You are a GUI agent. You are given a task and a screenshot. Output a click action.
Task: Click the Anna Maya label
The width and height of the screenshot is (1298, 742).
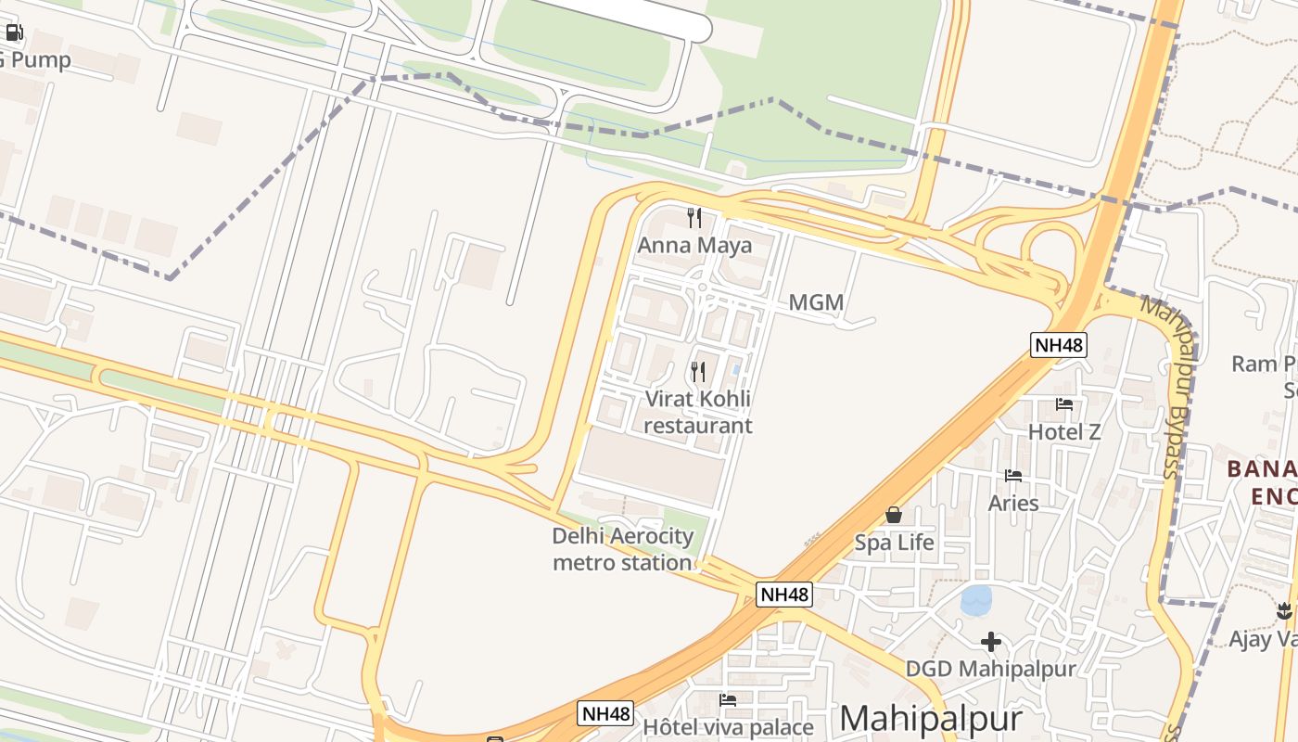(x=694, y=246)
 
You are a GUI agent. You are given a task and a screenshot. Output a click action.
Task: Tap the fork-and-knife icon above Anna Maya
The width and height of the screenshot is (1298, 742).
(x=694, y=217)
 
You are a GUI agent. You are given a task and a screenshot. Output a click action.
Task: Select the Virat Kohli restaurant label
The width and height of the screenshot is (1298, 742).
(x=697, y=412)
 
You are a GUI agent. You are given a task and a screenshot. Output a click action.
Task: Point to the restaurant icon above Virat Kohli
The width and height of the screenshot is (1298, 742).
(x=698, y=372)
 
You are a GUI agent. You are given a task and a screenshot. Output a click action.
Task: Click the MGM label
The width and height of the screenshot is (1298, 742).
(x=816, y=302)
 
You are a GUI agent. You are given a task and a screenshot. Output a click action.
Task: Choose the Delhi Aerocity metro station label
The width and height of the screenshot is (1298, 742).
(x=622, y=549)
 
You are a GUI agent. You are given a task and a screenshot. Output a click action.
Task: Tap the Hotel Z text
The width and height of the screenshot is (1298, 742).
(x=1064, y=431)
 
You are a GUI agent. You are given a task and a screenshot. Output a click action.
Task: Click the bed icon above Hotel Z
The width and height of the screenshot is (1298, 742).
(x=1064, y=403)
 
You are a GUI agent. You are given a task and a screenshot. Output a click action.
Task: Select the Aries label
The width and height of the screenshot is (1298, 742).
(x=1013, y=503)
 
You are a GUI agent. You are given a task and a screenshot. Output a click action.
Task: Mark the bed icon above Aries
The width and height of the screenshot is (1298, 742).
(x=1013, y=476)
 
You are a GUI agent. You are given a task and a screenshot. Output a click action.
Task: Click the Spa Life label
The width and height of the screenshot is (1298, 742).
(x=894, y=543)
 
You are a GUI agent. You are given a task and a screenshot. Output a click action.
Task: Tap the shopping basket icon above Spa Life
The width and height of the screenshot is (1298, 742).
(x=894, y=514)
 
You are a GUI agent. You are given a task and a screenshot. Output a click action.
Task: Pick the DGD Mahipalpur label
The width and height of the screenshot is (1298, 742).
(x=990, y=669)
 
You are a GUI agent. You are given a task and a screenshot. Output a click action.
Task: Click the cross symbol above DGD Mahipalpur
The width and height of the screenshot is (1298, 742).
(x=990, y=641)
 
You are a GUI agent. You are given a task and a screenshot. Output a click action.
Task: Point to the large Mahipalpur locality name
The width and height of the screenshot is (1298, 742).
(x=931, y=719)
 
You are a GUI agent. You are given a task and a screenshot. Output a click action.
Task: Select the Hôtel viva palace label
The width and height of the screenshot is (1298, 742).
(x=728, y=727)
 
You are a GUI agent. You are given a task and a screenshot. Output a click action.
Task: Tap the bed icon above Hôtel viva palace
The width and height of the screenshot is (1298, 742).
(x=728, y=699)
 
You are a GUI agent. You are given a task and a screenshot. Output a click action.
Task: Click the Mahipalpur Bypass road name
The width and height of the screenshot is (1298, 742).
(x=1176, y=388)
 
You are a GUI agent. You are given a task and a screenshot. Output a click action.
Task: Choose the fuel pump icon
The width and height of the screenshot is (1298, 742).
(x=14, y=33)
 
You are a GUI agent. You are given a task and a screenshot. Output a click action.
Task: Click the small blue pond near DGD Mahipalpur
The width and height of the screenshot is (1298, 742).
(x=976, y=599)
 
